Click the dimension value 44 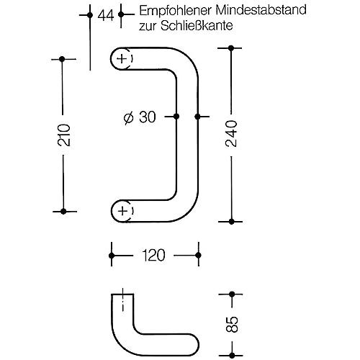click(106, 16)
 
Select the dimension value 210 click(64, 135)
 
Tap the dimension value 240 click(231, 133)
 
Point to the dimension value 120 click(153, 255)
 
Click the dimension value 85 click(232, 324)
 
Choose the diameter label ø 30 click(140, 117)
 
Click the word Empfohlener click(176, 11)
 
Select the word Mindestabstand click(261, 10)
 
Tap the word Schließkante click(197, 25)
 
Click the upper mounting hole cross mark click(122, 59)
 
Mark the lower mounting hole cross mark click(123, 211)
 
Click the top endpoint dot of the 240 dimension click(231, 48)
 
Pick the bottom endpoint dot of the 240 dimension click(231, 222)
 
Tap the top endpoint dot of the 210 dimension click(62, 59)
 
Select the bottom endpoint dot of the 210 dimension click(63, 212)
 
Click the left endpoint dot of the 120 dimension click(112, 256)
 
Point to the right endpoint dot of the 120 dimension click(198, 255)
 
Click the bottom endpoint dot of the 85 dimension click(232, 355)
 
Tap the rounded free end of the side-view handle click(198, 345)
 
